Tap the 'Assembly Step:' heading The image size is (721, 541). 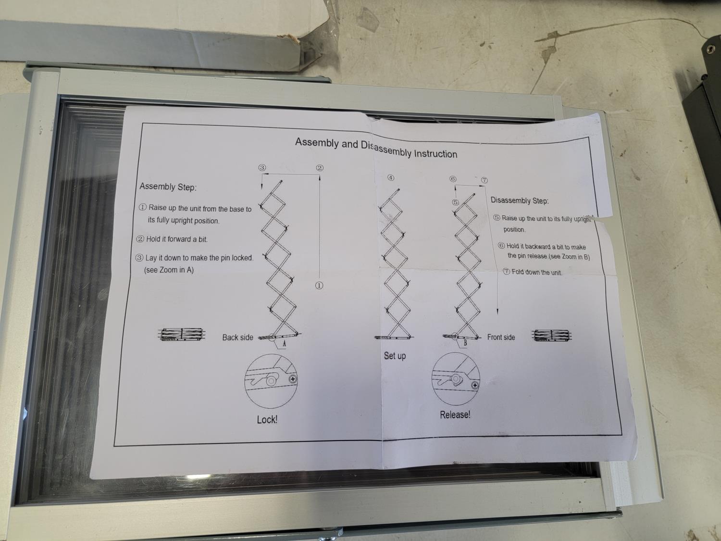[x=168, y=187]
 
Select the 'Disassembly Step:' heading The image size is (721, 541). [x=520, y=201]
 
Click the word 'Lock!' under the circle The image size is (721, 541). [x=267, y=419]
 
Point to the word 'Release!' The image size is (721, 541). [x=455, y=415]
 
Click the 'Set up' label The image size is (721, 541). [x=395, y=356]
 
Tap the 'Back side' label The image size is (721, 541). [x=237, y=338]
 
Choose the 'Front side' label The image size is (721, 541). [x=501, y=337]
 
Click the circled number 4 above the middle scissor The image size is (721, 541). [x=391, y=178]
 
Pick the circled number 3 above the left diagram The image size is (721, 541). [x=262, y=167]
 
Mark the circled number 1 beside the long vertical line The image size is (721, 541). [x=319, y=286]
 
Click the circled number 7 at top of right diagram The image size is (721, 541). [x=485, y=180]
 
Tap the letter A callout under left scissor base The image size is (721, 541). [x=285, y=344]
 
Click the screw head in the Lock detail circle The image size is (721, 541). [x=293, y=379]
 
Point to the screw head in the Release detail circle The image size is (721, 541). [x=474, y=385]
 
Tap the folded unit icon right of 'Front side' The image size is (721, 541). [x=551, y=335]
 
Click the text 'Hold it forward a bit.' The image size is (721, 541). [x=172, y=239]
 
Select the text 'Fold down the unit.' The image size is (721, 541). [x=533, y=272]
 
